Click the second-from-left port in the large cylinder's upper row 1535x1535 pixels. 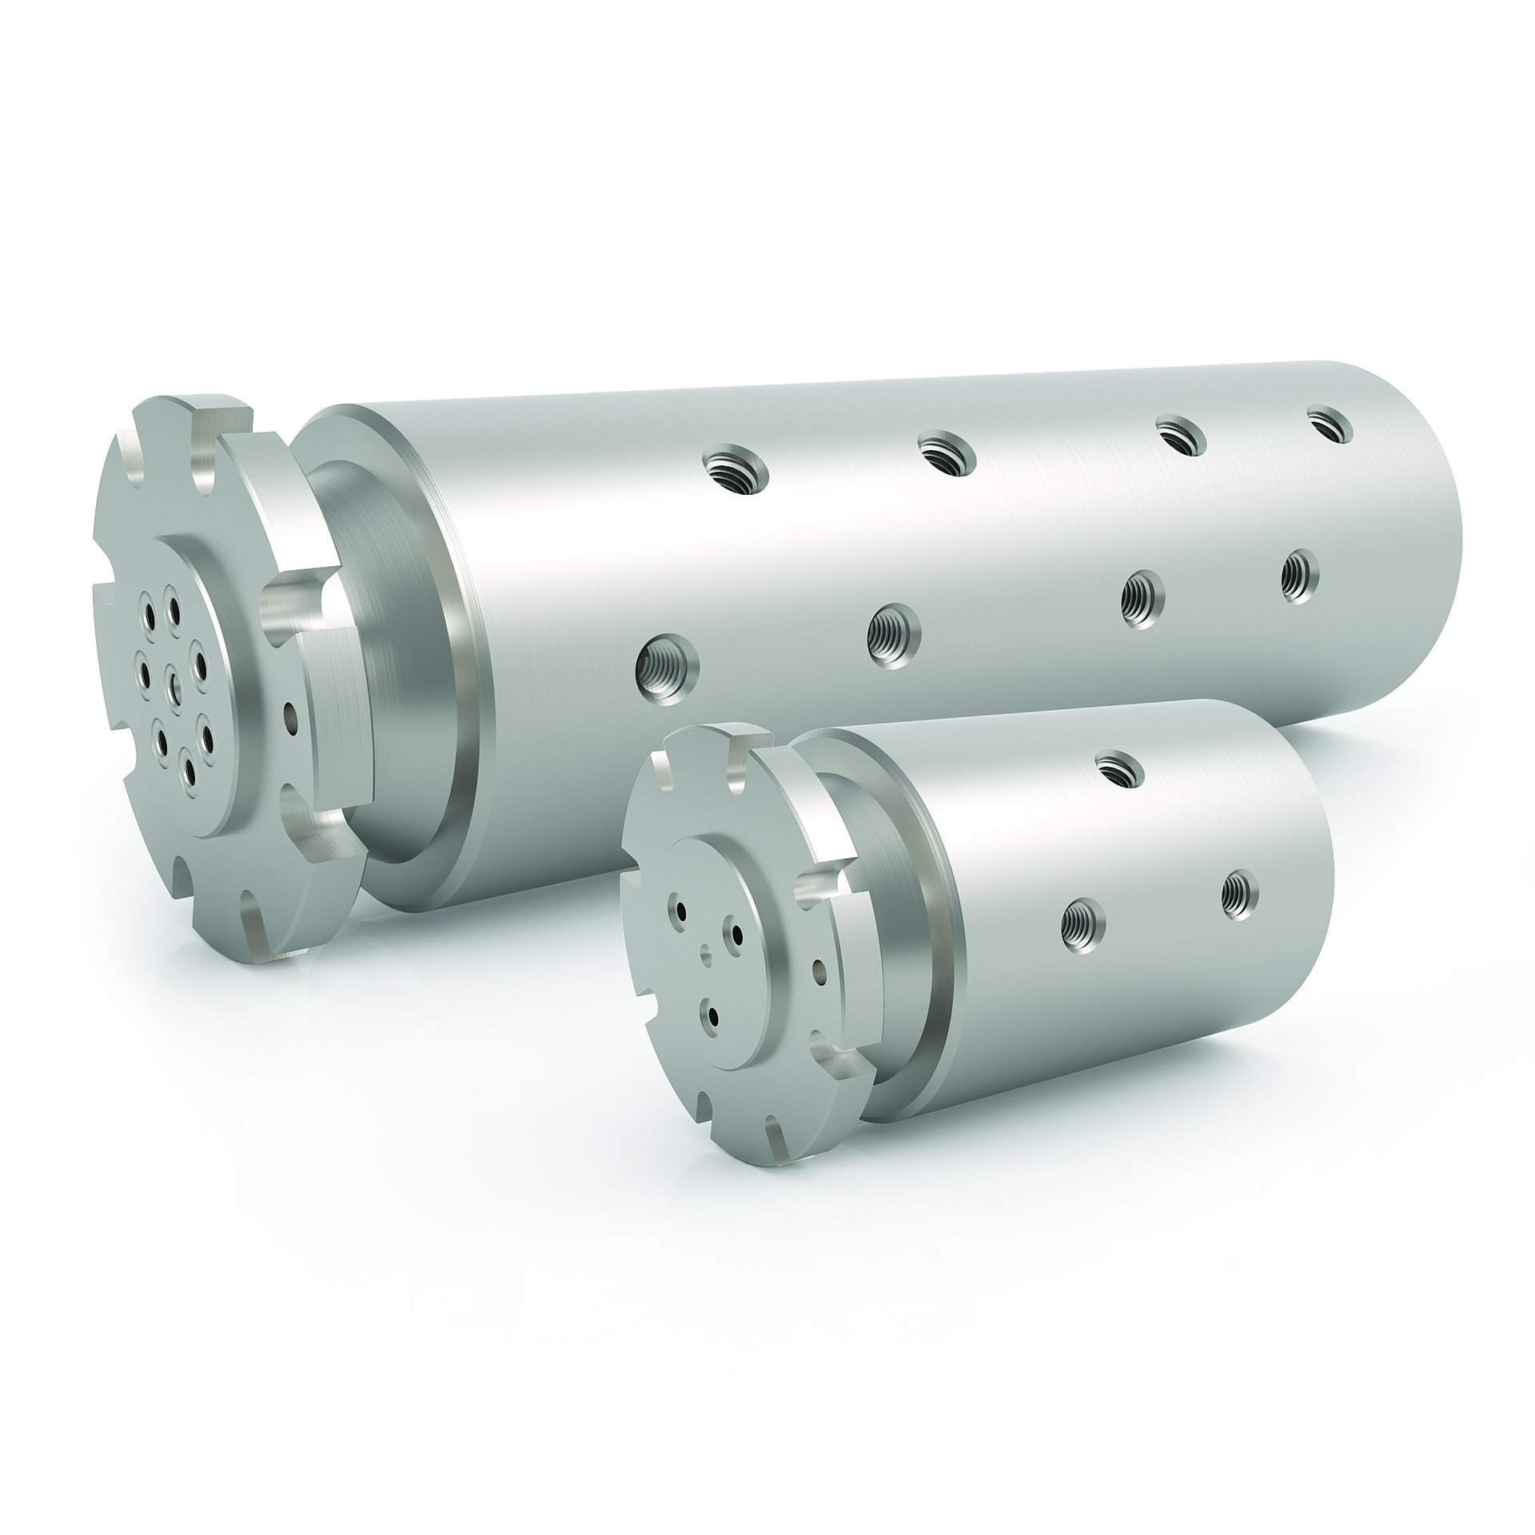947,453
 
